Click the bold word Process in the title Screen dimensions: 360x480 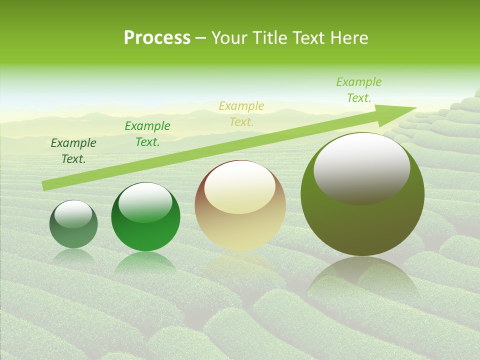point(157,38)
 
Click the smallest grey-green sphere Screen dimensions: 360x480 point(73,230)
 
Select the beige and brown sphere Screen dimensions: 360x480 point(240,220)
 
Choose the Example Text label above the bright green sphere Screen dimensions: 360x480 point(147,134)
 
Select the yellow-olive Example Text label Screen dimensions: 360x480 point(241,113)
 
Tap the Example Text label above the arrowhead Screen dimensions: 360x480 point(359,90)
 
